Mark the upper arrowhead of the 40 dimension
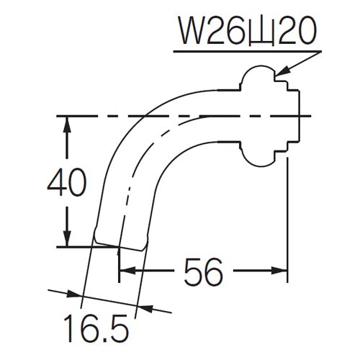pos(66,123)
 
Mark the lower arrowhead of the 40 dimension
pos(66,240)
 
